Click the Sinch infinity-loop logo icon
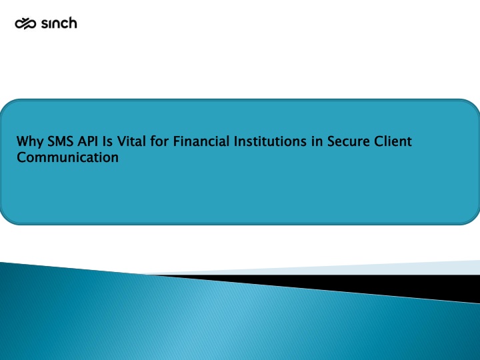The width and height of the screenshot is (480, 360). (x=25, y=23)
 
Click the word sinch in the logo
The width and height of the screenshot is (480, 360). (x=59, y=23)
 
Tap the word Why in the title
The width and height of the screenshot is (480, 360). (x=30, y=142)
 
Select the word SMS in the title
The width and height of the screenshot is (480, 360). (x=60, y=141)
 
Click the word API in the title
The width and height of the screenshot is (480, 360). (x=87, y=141)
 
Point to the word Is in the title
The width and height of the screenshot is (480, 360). (x=107, y=141)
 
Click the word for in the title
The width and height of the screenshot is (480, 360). (x=159, y=141)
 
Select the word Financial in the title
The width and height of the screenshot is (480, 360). (x=201, y=141)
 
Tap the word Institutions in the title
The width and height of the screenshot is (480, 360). (x=270, y=141)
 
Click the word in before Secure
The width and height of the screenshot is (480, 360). (x=317, y=141)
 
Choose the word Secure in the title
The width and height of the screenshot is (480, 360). (x=348, y=141)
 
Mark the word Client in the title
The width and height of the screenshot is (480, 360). (x=393, y=141)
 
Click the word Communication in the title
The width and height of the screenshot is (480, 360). (x=67, y=157)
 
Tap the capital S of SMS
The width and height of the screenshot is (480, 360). (x=51, y=141)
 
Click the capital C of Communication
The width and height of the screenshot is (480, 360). (x=21, y=157)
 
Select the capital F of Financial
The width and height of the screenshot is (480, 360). (x=176, y=141)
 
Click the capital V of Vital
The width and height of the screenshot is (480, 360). (x=121, y=141)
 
